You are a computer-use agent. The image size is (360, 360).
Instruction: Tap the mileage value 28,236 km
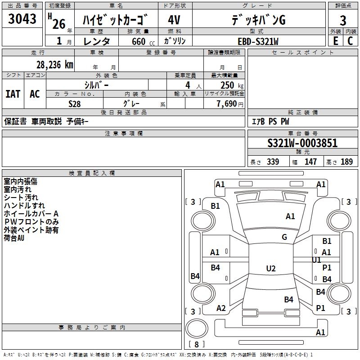54,64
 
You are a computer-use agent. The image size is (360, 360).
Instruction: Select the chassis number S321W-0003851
302,144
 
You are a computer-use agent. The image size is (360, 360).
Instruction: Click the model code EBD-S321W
258,41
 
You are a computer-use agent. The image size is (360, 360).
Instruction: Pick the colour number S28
75,103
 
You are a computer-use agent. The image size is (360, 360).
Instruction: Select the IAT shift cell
13,94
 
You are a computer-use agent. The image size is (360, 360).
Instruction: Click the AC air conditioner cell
35,94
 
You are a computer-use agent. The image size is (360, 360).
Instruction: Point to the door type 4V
174,20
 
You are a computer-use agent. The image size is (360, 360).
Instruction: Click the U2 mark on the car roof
270,269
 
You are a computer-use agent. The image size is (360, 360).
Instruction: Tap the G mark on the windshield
284,237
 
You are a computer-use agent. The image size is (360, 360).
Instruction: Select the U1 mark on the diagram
316,260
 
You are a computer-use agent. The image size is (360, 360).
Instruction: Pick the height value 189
346,162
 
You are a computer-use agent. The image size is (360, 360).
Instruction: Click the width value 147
310,162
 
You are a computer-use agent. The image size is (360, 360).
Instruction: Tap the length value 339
273,162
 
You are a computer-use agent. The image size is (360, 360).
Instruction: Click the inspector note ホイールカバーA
31,214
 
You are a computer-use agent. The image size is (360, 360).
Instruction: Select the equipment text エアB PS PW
270,121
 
